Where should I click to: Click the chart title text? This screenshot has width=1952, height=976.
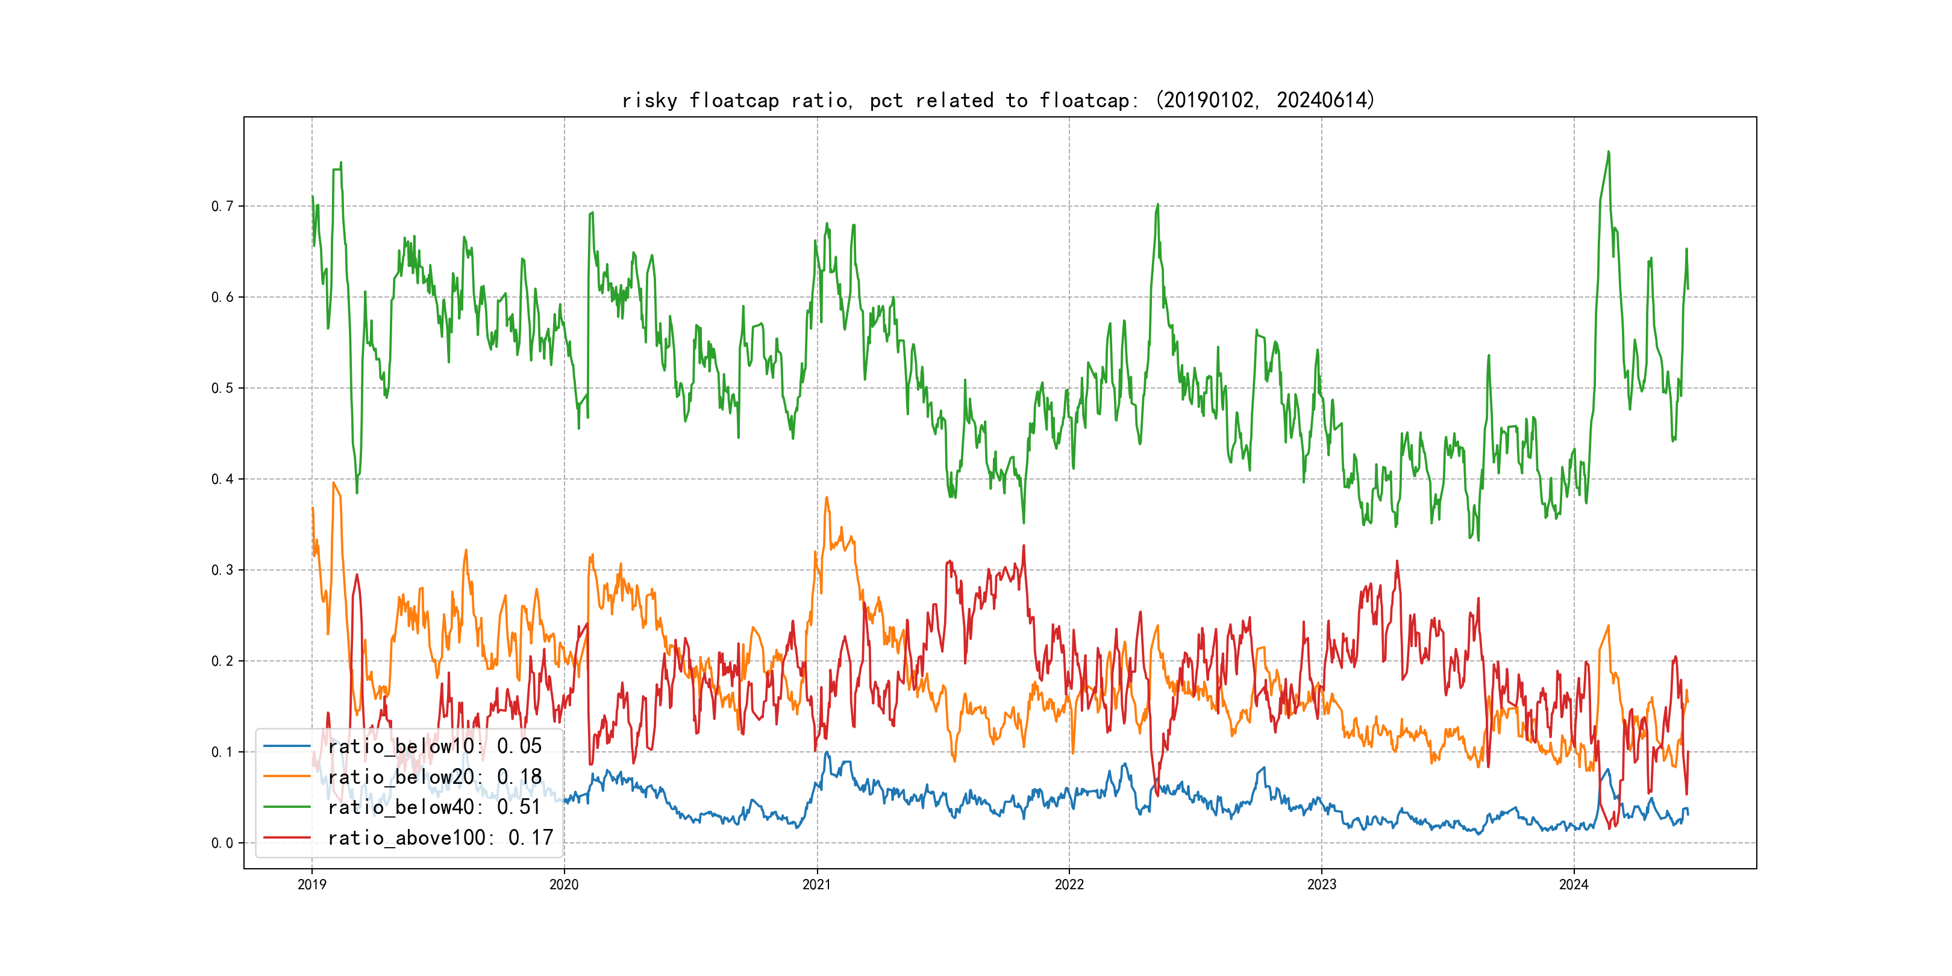pos(998,100)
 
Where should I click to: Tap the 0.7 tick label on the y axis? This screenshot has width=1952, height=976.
pos(222,206)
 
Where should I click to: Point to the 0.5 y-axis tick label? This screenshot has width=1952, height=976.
pos(222,388)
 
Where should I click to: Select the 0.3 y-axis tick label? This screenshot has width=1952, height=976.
pos(222,570)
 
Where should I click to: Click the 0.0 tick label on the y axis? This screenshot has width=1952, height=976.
pos(222,843)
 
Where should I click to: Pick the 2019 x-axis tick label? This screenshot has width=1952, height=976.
pos(311,884)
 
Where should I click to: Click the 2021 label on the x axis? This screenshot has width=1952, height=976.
pos(817,884)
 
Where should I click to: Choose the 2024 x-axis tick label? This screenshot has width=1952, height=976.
pos(1574,884)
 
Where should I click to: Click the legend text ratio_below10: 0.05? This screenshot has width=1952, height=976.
pos(434,746)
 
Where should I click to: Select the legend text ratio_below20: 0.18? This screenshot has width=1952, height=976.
pos(434,777)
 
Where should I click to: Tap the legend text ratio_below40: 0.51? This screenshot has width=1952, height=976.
pos(434,807)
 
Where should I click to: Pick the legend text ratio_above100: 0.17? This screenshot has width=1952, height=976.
pos(440,837)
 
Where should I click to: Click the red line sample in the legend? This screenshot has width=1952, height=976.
pos(286,837)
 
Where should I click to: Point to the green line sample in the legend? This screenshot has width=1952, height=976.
pos(286,807)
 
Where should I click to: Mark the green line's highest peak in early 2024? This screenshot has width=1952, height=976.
pos(1608,152)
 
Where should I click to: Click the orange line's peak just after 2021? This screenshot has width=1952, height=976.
pos(827,497)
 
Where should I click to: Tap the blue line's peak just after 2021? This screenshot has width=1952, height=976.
pos(827,752)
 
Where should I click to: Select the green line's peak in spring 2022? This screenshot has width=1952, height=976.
pos(1157,205)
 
